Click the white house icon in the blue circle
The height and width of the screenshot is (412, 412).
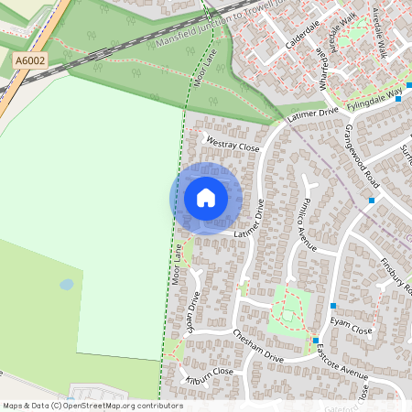click(x=206, y=198)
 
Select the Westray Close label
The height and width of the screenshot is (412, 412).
click(x=233, y=145)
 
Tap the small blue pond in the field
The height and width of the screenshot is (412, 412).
click(x=67, y=285)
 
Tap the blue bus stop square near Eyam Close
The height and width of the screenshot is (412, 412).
click(x=333, y=306)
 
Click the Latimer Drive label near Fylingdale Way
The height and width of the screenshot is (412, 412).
click(x=312, y=113)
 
